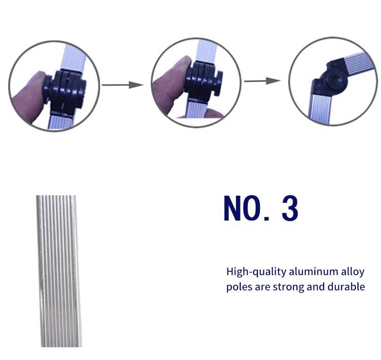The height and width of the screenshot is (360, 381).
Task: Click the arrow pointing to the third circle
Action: (x=263, y=81)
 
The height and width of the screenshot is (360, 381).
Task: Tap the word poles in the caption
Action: (x=239, y=287)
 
